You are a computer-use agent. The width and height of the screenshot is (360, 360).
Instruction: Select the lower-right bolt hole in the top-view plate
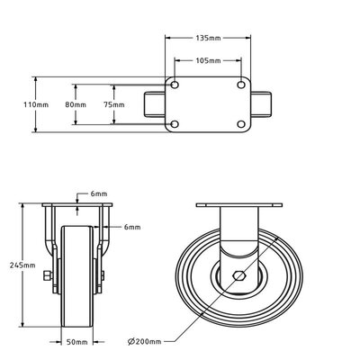[239, 123]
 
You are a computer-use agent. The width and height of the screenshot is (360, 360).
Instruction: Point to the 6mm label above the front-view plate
[98, 193]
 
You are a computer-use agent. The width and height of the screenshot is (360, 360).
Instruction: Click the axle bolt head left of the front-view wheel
[46, 276]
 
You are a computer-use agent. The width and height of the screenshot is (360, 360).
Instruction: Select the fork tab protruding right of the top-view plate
[262, 104]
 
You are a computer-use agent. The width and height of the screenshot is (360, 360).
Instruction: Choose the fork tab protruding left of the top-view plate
[153, 104]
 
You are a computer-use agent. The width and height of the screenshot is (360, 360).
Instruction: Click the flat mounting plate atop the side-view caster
[237, 208]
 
